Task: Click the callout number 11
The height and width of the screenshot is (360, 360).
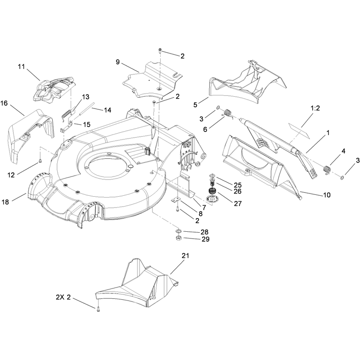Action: pyautogui.click(x=21, y=67)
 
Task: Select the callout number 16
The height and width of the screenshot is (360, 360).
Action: pyautogui.click(x=4, y=103)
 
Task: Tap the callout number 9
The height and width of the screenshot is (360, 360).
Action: pyautogui.click(x=118, y=62)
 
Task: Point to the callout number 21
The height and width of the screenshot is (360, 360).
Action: pyautogui.click(x=185, y=256)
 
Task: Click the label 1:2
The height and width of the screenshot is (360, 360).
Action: pyautogui.click(x=315, y=108)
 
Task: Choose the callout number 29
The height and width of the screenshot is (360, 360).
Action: pyautogui.click(x=206, y=239)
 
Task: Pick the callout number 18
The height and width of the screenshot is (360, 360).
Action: pyautogui.click(x=5, y=202)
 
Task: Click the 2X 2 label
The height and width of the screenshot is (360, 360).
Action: pyautogui.click(x=63, y=297)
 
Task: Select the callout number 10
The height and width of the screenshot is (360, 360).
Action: pyautogui.click(x=327, y=195)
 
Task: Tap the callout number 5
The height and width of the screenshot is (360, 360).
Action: pyautogui.click(x=195, y=105)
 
